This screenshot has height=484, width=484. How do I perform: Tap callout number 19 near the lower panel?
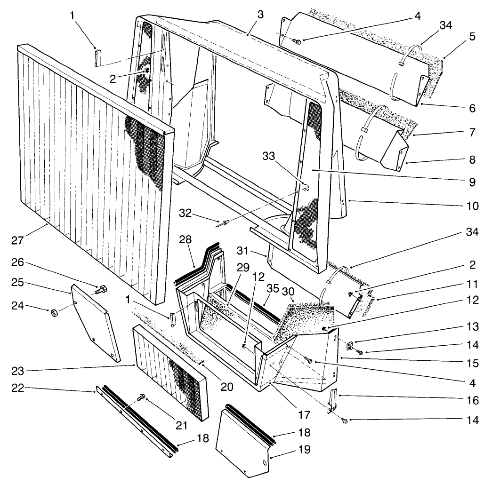point(305,450)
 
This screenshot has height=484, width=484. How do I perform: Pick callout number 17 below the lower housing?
point(304,415)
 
